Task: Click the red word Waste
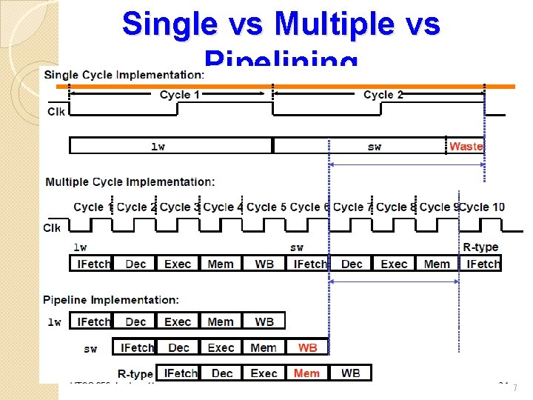[x=466, y=146]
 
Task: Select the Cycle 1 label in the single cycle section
[x=180, y=95]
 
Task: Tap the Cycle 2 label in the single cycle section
[x=383, y=95]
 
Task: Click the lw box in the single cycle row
[x=158, y=146]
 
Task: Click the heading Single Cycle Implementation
[x=124, y=75]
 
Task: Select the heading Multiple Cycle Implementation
[x=130, y=181]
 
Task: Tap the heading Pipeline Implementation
[x=111, y=300]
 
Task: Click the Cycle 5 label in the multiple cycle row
[x=266, y=207]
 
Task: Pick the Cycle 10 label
[x=483, y=207]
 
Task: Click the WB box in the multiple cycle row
[x=264, y=264]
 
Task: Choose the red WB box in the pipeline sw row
[x=308, y=347]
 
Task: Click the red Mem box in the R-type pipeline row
[x=306, y=373]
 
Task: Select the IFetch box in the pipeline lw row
[x=93, y=321]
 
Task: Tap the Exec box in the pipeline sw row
[x=221, y=347]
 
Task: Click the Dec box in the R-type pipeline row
[x=222, y=373]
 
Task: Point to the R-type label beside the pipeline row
[x=135, y=374]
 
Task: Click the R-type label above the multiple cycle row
[x=480, y=247]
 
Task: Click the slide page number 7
[x=514, y=388]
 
